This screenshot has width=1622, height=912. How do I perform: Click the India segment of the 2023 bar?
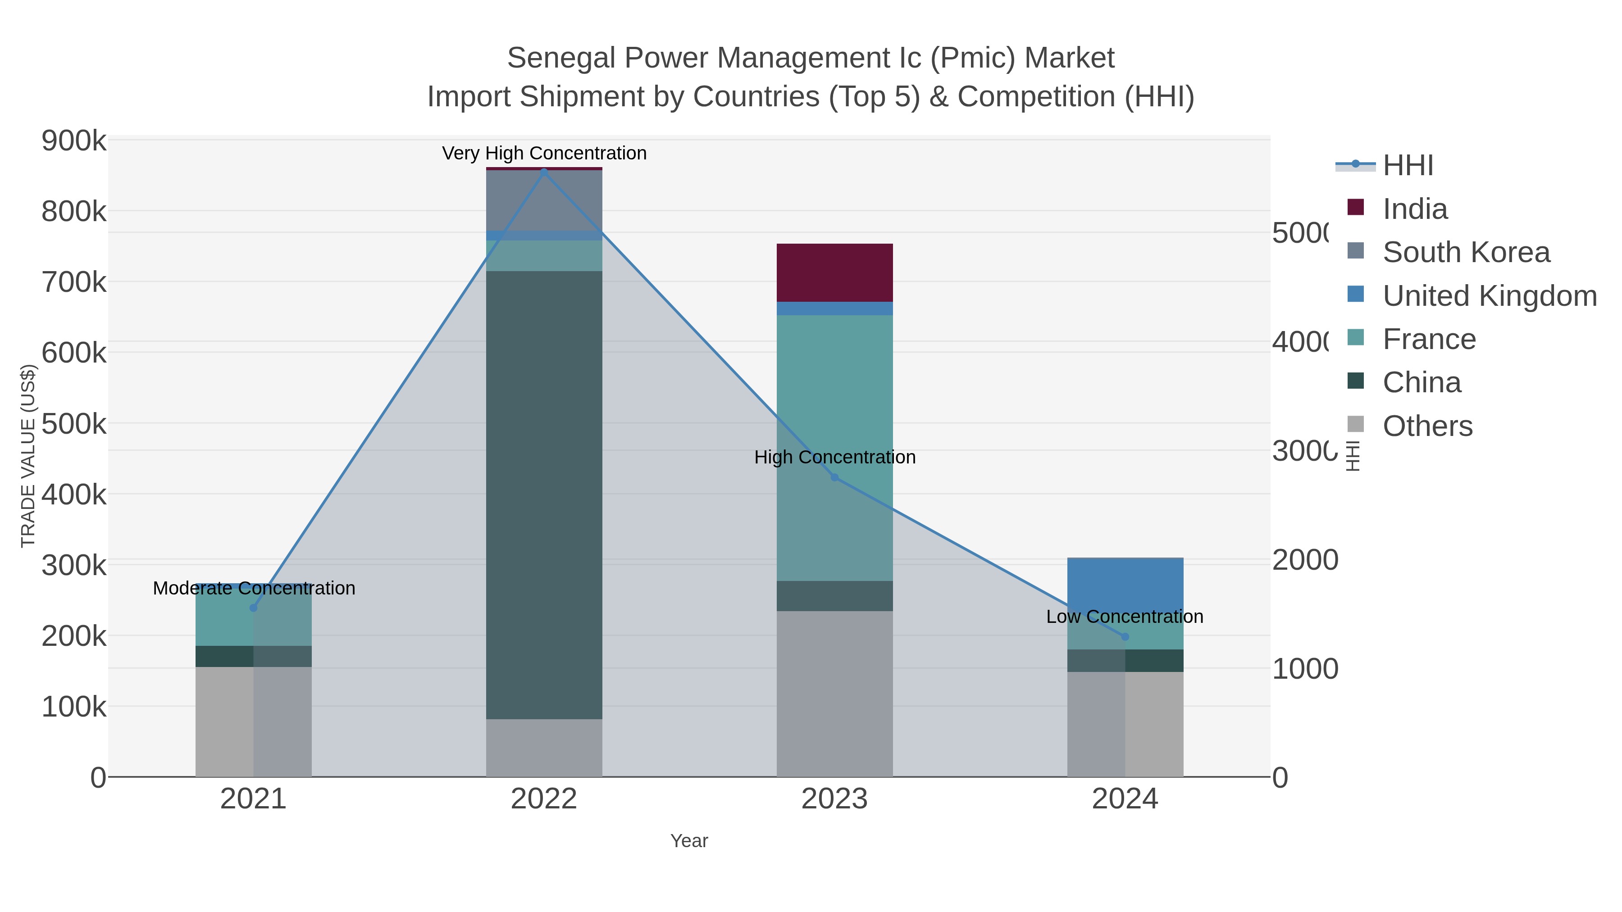[x=834, y=272]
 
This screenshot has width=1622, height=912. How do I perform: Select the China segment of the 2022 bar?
[x=544, y=495]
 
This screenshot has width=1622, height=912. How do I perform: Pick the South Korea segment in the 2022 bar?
[x=544, y=200]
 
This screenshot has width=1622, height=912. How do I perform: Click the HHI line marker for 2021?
[x=254, y=608]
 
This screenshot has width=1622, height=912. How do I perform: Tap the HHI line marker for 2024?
[x=1125, y=637]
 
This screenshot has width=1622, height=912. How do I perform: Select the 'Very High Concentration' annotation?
[x=544, y=154]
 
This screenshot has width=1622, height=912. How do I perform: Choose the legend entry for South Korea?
[x=1466, y=252]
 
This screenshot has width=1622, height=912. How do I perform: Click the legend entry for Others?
[x=1427, y=426]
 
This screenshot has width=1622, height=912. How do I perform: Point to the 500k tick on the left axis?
[x=74, y=424]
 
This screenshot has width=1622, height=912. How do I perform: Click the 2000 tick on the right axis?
[x=1305, y=559]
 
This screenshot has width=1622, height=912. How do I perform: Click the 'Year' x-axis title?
[x=689, y=841]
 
